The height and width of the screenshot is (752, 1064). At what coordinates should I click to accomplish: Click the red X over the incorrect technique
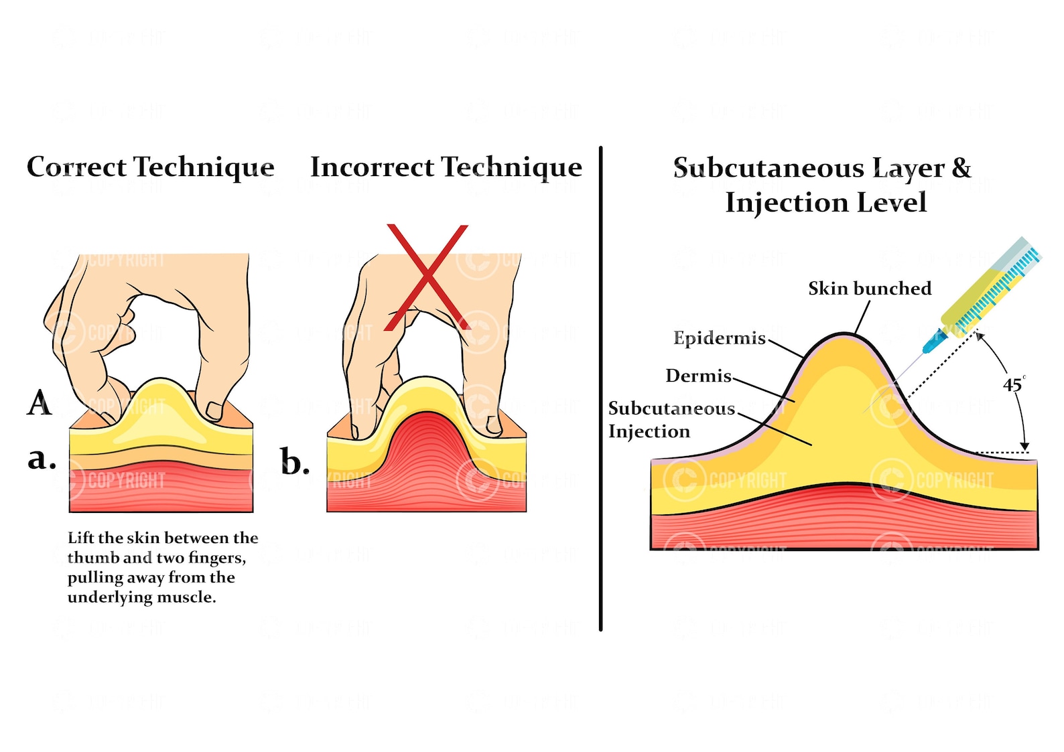427,277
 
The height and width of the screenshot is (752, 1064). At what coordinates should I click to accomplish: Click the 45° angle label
1013,385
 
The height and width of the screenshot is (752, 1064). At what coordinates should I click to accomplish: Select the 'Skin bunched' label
869,289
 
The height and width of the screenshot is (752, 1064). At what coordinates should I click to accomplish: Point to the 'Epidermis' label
719,338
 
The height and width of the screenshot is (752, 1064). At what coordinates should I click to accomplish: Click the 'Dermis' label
698,376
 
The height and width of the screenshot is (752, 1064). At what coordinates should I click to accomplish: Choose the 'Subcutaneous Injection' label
671,420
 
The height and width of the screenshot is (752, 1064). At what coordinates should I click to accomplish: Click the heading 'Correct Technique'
150,167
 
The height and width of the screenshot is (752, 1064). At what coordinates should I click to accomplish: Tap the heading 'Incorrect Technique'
446,167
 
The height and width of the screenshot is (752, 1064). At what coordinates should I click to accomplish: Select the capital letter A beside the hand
40,403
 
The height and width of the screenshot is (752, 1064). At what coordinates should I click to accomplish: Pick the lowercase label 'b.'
295,463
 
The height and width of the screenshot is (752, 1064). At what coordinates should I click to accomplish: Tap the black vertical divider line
600,388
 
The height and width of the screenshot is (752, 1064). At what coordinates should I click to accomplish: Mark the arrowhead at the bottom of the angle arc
1024,446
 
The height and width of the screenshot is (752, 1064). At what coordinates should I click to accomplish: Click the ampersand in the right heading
961,167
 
